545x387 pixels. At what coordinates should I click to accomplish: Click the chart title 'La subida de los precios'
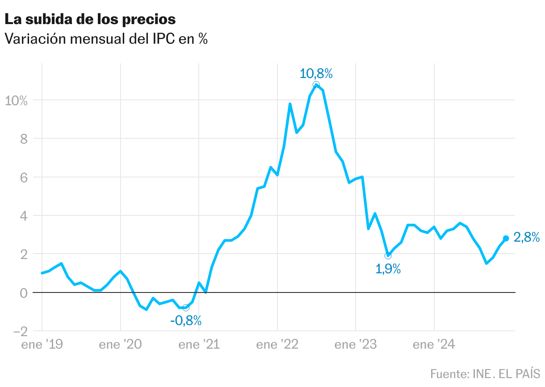click(90, 20)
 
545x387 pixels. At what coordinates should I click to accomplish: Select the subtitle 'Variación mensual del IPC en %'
click(106, 39)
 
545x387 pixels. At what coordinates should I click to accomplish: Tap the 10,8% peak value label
click(316, 74)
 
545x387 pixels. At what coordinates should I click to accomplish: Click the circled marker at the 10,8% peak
click(316, 85)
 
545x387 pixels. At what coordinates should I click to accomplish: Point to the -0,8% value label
click(186, 320)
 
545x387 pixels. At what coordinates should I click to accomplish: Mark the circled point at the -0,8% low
click(186, 308)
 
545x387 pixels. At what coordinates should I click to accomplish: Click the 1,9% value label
click(388, 269)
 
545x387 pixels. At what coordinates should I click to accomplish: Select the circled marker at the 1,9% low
click(388, 255)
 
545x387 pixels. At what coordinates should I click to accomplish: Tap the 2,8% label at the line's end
click(526, 238)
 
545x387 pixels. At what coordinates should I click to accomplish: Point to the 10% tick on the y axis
click(16, 100)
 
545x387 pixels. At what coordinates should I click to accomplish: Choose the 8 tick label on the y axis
click(24, 139)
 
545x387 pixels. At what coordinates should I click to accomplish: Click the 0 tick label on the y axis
click(24, 292)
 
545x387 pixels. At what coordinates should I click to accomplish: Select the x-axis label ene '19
click(42, 345)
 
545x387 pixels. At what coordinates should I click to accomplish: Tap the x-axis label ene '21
click(198, 345)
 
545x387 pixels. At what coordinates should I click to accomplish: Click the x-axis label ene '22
click(277, 345)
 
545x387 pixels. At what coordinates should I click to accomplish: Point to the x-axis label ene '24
click(434, 345)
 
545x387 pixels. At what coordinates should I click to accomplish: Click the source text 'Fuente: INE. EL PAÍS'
click(485, 373)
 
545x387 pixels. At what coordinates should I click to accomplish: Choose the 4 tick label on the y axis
click(24, 216)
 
